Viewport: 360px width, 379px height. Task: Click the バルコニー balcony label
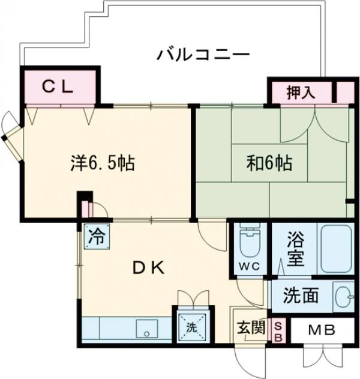(x=203, y=56)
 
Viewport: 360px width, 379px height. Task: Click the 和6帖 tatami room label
(x=269, y=162)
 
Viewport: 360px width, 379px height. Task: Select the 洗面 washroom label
(x=301, y=296)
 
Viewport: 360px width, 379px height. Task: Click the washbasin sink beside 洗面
(x=341, y=296)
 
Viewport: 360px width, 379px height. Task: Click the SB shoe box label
(x=278, y=331)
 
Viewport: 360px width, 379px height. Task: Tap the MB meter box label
(x=323, y=330)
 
